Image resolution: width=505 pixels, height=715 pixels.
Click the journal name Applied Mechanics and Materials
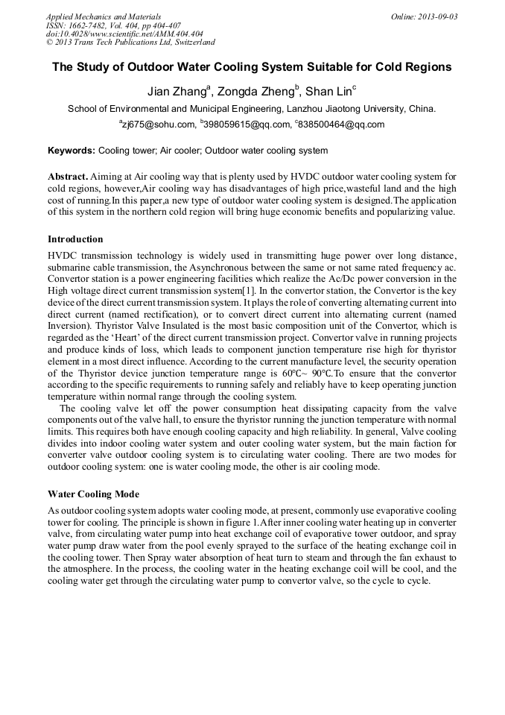pyautogui.click(x=104, y=16)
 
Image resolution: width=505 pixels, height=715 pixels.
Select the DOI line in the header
pyautogui.click(x=124, y=34)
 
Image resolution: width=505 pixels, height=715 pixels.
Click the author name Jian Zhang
pyautogui.click(x=177, y=92)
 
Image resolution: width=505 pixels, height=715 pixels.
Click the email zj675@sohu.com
pyautogui.click(x=156, y=125)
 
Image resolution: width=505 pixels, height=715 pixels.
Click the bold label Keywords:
pyautogui.click(x=72, y=151)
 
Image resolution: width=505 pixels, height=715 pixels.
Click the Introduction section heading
pyautogui.click(x=75, y=239)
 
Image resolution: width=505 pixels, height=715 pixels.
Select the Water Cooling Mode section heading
pyautogui.click(x=93, y=494)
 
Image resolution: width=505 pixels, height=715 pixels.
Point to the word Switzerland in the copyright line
pyautogui.click(x=191, y=43)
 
